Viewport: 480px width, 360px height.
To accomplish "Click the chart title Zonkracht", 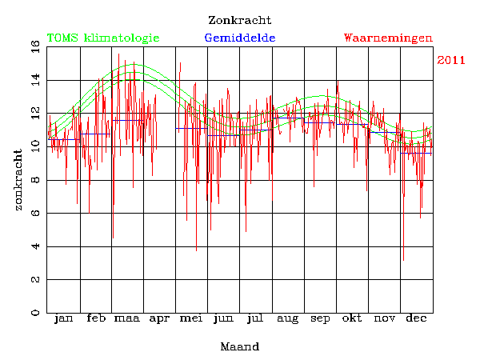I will tap(239, 20).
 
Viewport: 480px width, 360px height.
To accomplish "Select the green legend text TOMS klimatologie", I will tap(103, 38).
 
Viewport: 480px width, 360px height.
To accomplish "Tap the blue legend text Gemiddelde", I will tap(240, 38).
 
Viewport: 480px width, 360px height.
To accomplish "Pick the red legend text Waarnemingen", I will tap(388, 38).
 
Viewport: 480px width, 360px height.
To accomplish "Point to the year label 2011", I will tap(451, 61).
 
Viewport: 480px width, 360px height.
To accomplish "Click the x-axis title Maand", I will tap(239, 347).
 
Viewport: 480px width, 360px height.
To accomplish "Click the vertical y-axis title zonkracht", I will tap(18, 179).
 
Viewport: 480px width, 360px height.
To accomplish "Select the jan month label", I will tap(63, 319).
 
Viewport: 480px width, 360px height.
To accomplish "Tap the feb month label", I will tap(95, 319).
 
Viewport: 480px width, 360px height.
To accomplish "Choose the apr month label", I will tap(159, 320).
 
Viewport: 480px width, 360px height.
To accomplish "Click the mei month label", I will tap(191, 319).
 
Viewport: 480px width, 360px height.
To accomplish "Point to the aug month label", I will tap(287, 320).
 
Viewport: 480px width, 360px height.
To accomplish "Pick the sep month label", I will tap(320, 320).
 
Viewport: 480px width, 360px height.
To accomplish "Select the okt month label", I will tap(352, 319).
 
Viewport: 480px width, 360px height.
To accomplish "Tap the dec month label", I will tap(416, 319).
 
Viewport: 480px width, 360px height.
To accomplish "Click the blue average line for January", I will tap(64, 139).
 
